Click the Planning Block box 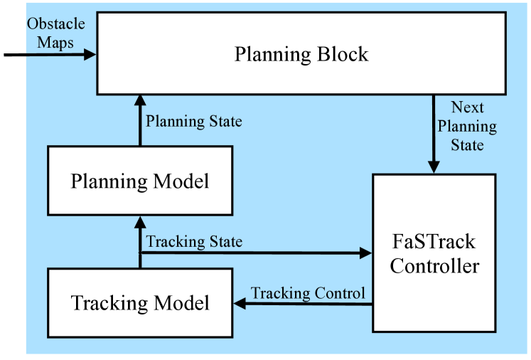pos(301,54)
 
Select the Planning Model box pos(140,181)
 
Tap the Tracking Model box pos(140,303)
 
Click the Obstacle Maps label pos(55,32)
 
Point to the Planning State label pos(193,121)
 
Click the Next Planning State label pos(467,126)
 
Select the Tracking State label pos(193,242)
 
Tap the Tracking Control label pos(308,293)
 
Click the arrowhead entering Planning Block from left pos(90,53)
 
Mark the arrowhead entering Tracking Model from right pos(240,304)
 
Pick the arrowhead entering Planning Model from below pos(140,222)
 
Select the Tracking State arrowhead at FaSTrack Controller pos(366,253)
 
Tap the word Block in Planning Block pos(343,54)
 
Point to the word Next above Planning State pos(467,108)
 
